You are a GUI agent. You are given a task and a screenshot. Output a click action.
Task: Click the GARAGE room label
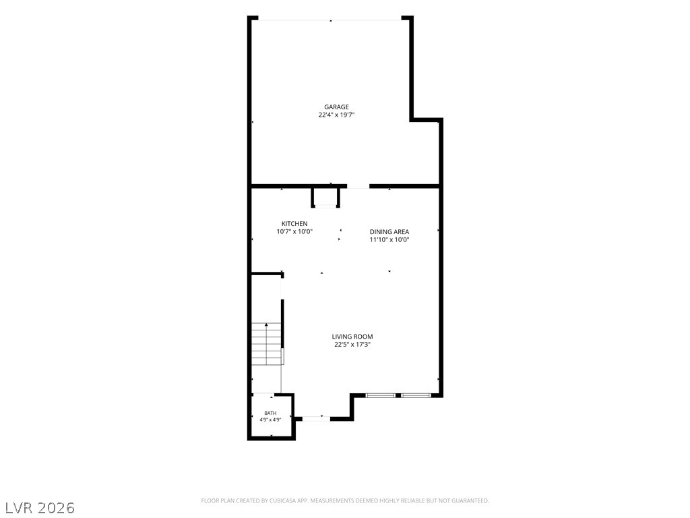click(336, 107)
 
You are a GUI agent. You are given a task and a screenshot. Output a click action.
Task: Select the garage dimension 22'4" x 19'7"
click(337, 115)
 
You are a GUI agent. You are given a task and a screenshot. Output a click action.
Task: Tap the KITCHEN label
click(294, 224)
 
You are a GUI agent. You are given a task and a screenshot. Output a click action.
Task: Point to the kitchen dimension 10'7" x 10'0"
click(294, 232)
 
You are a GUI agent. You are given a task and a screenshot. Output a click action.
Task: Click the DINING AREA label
click(389, 232)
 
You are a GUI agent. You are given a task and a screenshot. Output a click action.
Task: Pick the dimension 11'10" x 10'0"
click(389, 239)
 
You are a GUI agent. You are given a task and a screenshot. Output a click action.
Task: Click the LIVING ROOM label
click(352, 337)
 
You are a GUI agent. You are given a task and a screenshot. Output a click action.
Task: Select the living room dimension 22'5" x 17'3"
click(352, 345)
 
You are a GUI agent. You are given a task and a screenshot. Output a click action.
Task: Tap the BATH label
click(270, 413)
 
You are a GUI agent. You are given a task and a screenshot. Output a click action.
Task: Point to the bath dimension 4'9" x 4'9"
click(270, 420)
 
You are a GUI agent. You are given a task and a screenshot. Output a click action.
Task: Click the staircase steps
click(267, 343)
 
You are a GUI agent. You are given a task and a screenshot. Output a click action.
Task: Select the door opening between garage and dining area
click(358, 187)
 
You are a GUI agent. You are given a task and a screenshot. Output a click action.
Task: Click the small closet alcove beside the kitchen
click(325, 197)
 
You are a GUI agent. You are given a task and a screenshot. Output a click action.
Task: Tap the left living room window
click(381, 395)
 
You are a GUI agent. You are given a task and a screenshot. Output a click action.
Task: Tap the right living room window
click(416, 395)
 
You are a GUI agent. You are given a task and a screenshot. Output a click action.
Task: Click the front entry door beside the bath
click(316, 418)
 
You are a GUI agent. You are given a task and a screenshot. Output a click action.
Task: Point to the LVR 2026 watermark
click(40, 508)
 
